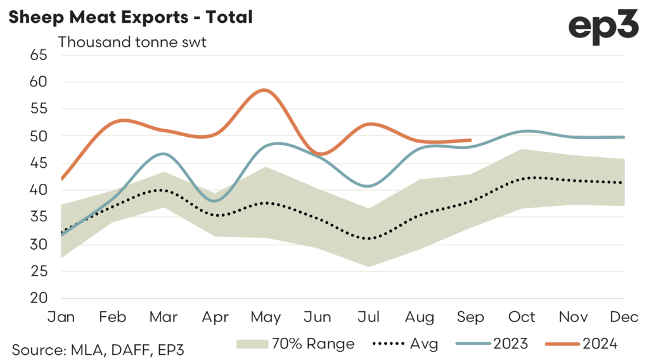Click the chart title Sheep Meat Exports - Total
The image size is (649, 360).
pyautogui.click(x=130, y=17)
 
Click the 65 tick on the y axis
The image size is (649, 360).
pyautogui.click(x=39, y=55)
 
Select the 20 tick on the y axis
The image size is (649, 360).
pyautogui.click(x=39, y=298)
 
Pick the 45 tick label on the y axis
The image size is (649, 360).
pyautogui.click(x=39, y=163)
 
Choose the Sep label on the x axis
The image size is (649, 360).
pyautogui.click(x=470, y=316)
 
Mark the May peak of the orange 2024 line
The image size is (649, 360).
pyautogui.click(x=264, y=90)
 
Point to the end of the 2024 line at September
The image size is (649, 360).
pyautogui.click(x=470, y=140)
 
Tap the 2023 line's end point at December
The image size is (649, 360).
pyautogui.click(x=624, y=137)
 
